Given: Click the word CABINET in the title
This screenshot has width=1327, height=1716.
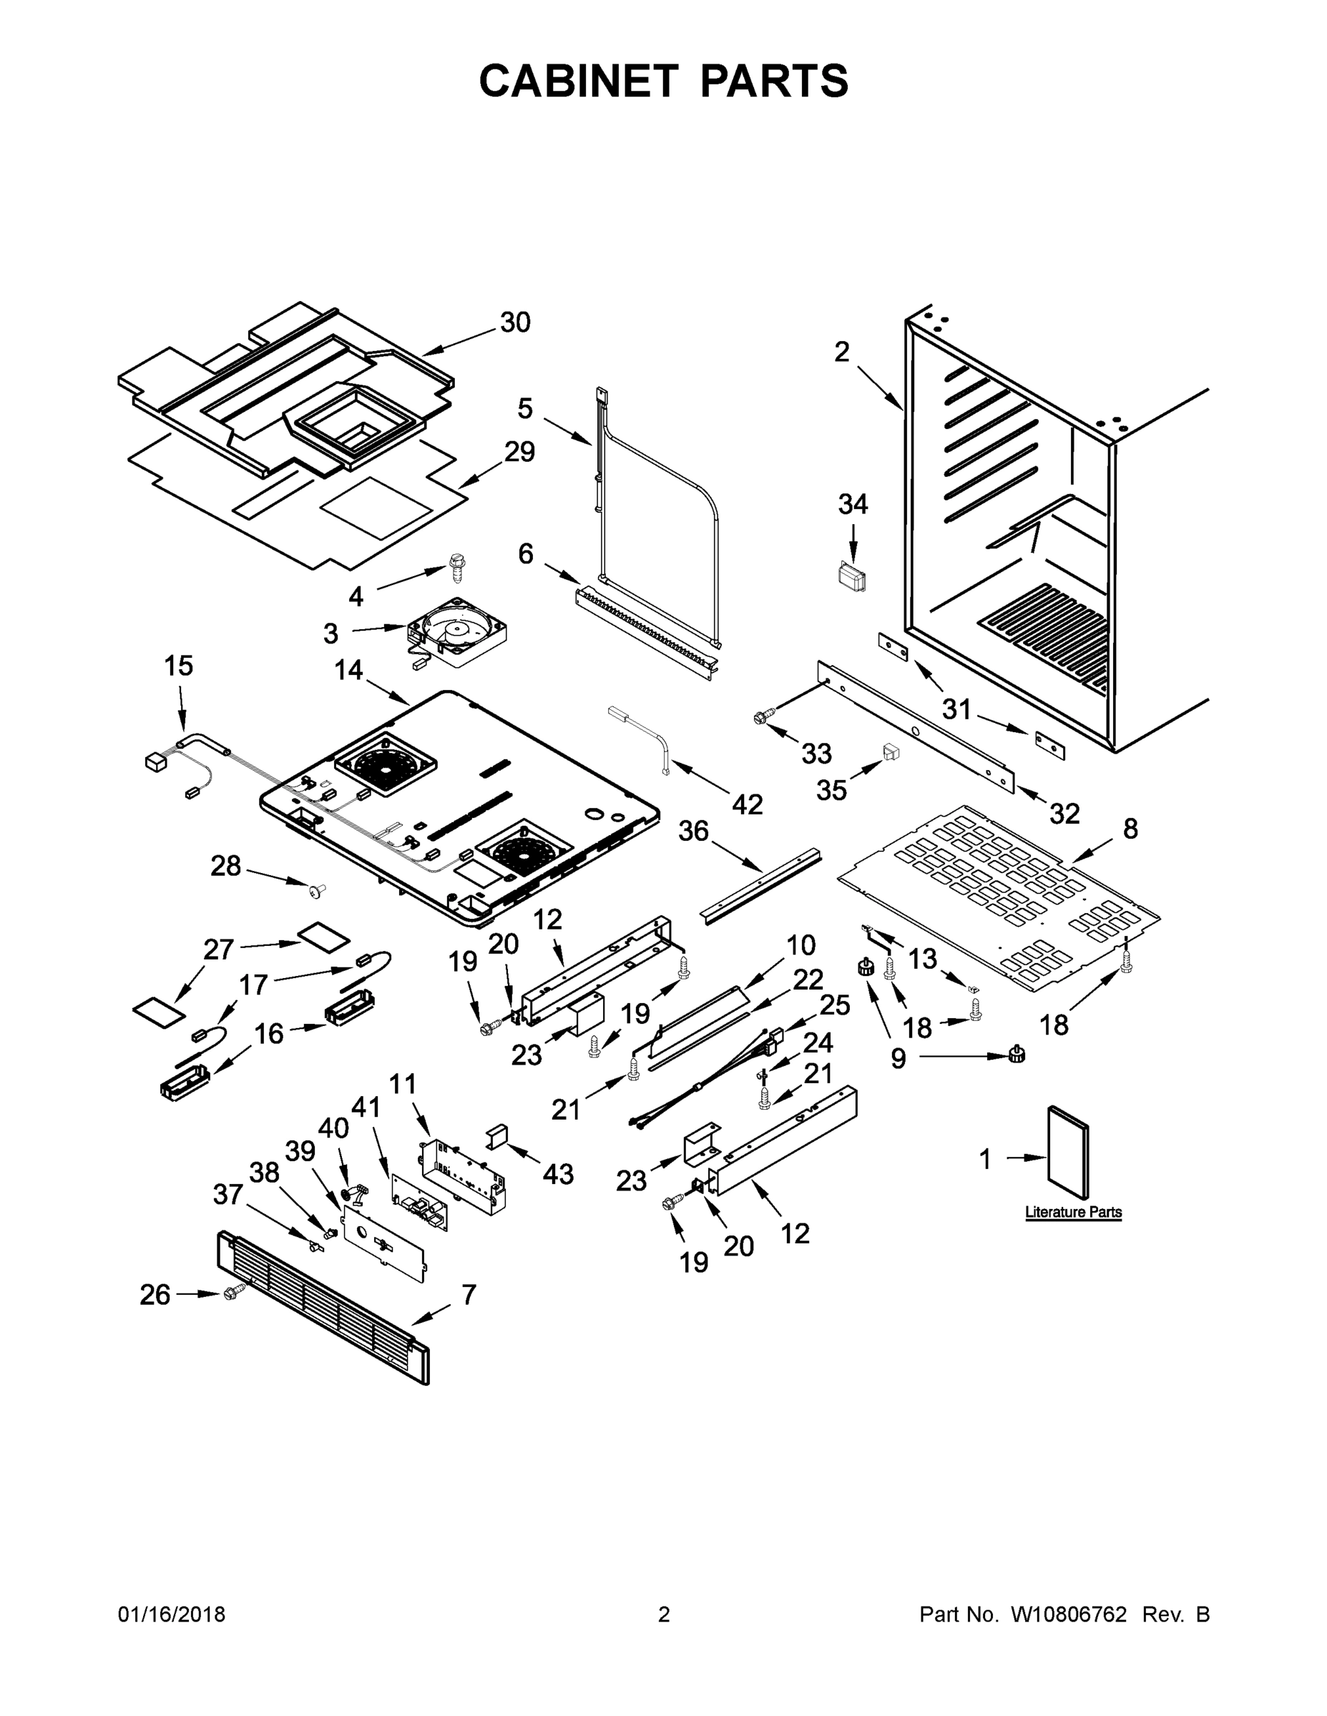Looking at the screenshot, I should (x=578, y=80).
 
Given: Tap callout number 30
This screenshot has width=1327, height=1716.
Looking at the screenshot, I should (x=515, y=322).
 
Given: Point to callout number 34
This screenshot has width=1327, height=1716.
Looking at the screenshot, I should (x=853, y=503).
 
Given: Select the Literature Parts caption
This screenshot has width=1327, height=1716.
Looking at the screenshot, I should (x=1073, y=1213).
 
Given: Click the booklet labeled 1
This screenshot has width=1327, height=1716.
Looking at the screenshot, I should (x=1067, y=1155).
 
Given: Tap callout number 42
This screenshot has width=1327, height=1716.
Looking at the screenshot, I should (x=747, y=804).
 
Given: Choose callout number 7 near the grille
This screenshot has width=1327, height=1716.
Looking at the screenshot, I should (x=469, y=1294).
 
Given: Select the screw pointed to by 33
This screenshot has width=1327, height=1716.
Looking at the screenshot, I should (x=760, y=716).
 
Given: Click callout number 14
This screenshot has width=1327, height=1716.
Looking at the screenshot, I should (x=348, y=670).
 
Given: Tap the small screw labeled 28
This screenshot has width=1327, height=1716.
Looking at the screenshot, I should (x=318, y=889).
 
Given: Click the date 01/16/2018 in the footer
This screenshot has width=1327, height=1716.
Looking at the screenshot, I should (x=172, y=1614).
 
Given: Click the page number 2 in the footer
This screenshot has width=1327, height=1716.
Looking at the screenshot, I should (x=664, y=1614).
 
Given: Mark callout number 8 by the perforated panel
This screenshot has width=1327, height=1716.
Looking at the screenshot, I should (x=1130, y=828).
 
